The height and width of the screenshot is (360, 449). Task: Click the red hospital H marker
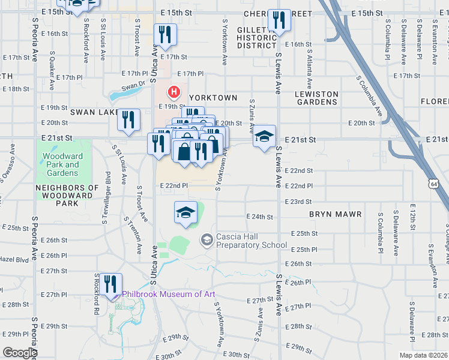174,92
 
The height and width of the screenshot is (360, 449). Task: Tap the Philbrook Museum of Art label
168,294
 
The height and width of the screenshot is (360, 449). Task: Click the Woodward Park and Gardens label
61,164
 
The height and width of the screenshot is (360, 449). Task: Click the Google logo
20,353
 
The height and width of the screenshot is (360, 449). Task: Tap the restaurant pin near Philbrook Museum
111,284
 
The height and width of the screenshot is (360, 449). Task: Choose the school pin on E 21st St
264,137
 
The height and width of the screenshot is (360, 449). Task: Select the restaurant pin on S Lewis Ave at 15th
279,20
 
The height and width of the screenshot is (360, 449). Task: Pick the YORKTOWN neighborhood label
213,97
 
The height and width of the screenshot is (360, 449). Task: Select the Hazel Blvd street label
14,259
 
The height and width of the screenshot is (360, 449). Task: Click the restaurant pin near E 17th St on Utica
164,35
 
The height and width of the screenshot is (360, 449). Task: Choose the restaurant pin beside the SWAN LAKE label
128,120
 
